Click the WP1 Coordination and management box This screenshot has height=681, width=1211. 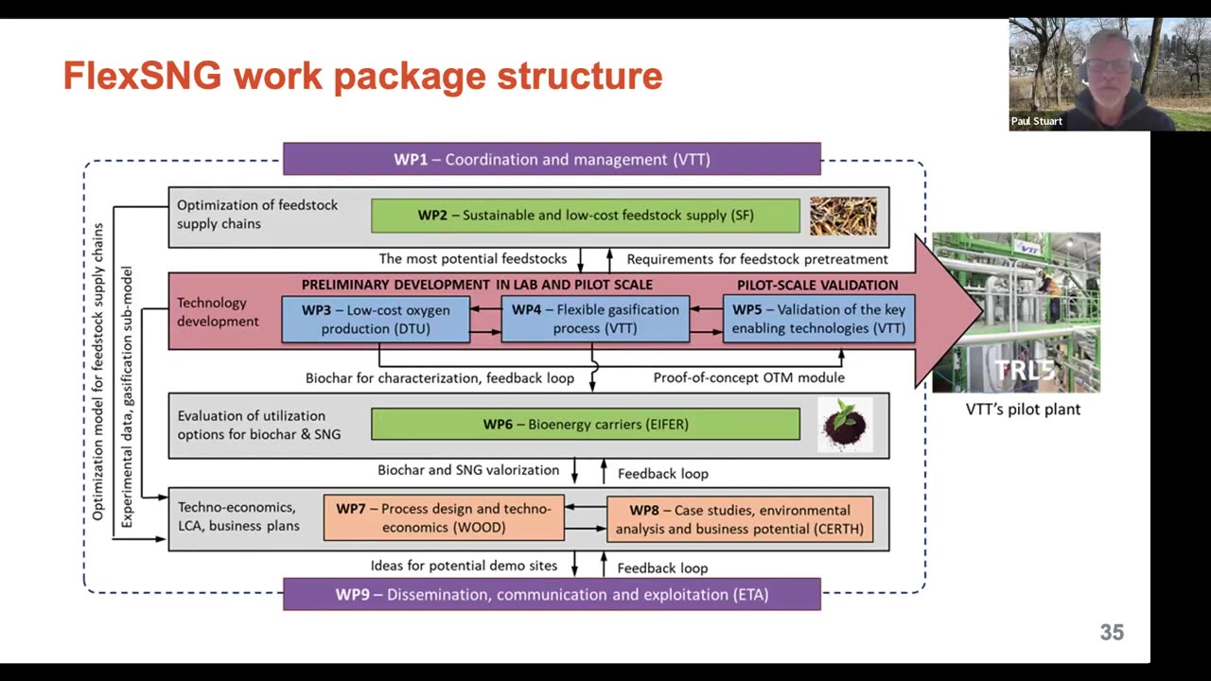[552, 159]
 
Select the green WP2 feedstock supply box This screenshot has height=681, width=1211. [585, 216]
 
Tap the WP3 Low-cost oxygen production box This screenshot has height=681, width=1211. [376, 319]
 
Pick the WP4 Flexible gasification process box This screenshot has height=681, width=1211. [595, 319]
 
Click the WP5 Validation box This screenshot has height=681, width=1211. [818, 319]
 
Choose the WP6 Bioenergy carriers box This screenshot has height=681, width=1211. [585, 425]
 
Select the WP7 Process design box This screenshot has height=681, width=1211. [444, 518]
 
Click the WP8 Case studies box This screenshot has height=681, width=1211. [739, 519]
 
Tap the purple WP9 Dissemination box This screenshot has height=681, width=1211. [552, 595]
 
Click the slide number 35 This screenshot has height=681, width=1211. [1112, 633]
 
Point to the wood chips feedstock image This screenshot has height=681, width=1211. [843, 216]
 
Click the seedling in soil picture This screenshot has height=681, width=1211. [845, 425]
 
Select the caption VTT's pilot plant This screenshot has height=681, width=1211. [1023, 410]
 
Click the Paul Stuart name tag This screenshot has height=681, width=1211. [1037, 121]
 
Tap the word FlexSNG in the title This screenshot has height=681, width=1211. [142, 76]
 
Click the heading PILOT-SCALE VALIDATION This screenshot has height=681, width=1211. [817, 285]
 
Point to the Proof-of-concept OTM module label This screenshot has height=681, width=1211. [748, 377]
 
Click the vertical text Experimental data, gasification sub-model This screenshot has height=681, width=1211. [127, 396]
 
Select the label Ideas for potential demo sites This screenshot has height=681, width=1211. [464, 566]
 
